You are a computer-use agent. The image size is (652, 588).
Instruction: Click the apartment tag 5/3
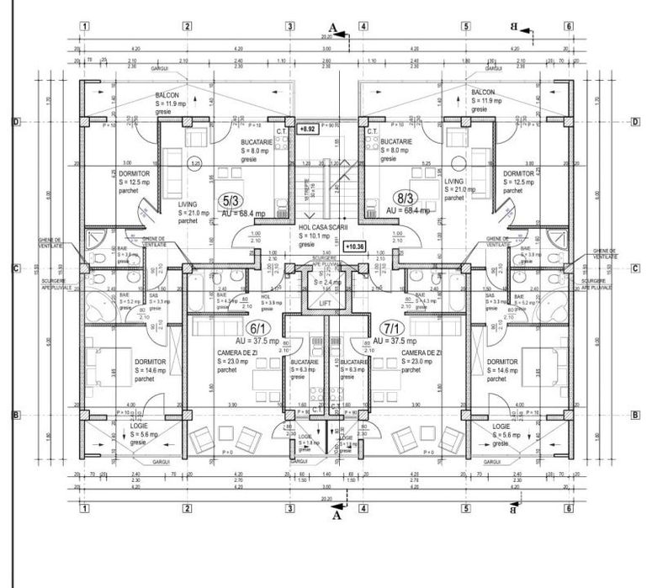click(x=229, y=200)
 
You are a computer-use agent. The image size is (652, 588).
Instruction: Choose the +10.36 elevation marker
click(x=354, y=246)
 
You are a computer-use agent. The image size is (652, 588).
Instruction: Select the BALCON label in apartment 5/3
click(x=167, y=95)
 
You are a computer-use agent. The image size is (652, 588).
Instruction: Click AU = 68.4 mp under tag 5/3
click(x=240, y=213)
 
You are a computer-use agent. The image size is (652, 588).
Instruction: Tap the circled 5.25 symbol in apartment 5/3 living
click(x=196, y=163)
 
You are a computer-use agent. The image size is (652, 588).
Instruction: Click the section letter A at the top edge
click(x=333, y=29)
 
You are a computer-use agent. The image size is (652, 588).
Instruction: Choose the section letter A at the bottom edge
click(x=336, y=516)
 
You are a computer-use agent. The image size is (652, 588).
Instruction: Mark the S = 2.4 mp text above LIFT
click(x=324, y=282)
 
